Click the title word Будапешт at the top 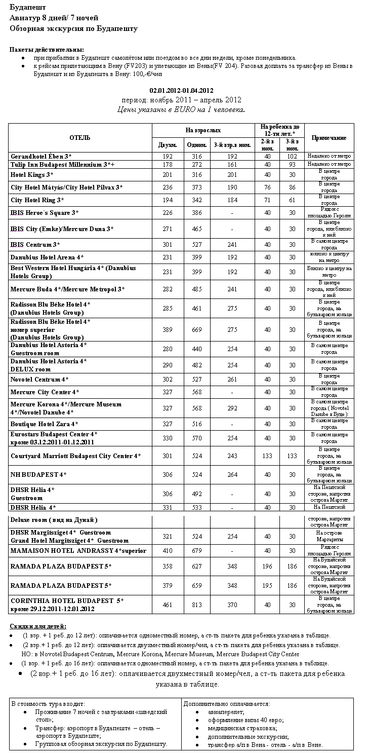[28, 8]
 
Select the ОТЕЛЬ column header [80, 137]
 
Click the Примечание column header [329, 138]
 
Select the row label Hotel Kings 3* [32, 175]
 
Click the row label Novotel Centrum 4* [39, 379]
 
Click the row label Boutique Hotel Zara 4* [45, 424]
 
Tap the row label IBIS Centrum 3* [35, 245]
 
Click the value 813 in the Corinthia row [196, 605]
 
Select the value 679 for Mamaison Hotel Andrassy [196, 551]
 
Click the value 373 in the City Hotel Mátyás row [196, 187]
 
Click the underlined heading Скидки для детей [37, 626]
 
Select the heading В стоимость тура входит [48, 704]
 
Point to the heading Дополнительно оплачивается [226, 704]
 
